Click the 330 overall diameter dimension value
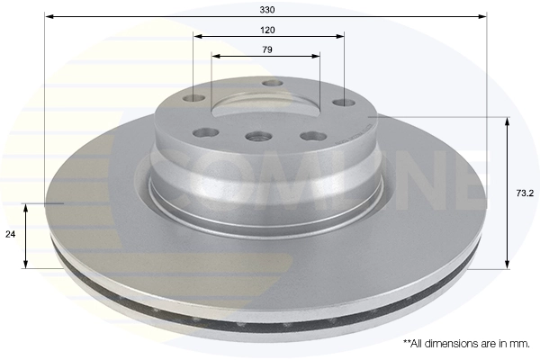coord(267,9)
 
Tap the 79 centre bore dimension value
coord(267,49)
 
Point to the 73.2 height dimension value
coord(520,192)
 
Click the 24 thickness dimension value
coord(11,234)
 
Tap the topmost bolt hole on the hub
coord(273,83)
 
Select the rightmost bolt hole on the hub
coord(343,103)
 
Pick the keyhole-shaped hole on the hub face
coord(312,136)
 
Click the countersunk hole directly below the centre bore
coord(258,137)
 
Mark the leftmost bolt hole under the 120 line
coord(193,99)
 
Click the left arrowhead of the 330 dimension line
coord(49,16)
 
